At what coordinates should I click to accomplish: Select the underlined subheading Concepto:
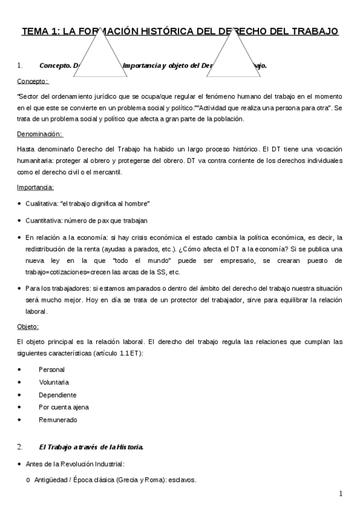(32, 81)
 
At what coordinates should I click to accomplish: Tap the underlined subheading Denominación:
(39, 134)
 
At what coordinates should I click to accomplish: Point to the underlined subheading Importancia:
(35, 188)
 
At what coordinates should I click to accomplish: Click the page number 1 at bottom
(340, 494)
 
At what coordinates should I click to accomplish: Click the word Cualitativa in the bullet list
(41, 204)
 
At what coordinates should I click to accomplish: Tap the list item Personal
(52, 369)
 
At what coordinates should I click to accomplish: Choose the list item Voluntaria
(53, 382)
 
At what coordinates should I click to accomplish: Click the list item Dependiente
(57, 395)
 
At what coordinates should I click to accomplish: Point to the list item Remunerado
(58, 420)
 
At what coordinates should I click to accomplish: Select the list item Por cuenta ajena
(63, 407)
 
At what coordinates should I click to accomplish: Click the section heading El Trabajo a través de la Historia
(91, 447)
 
